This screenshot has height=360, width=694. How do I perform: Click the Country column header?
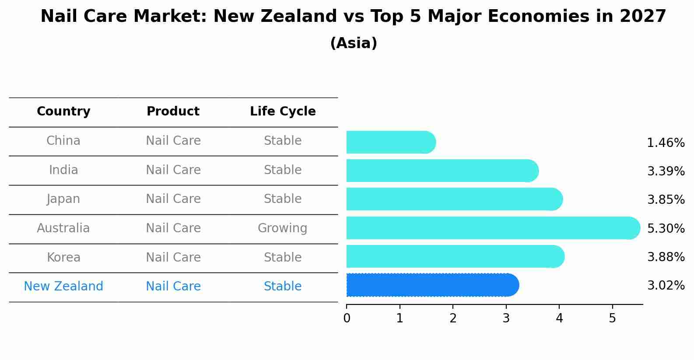click(x=63, y=112)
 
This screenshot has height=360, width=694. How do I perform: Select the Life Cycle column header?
click(x=283, y=112)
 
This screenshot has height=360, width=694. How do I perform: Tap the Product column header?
click(x=173, y=112)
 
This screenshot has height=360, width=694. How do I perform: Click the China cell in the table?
click(x=63, y=141)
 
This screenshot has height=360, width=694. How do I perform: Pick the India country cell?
click(x=63, y=170)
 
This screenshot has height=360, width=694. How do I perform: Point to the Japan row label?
click(x=63, y=199)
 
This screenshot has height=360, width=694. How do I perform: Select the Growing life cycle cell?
click(x=283, y=228)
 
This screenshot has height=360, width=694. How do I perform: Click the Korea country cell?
click(x=63, y=258)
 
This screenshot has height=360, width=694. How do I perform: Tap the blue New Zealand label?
click(x=63, y=287)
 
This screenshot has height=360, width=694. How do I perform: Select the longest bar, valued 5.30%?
click(x=493, y=228)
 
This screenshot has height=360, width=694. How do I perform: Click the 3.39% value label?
click(x=666, y=171)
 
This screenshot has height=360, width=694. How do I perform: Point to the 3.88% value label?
click(x=666, y=257)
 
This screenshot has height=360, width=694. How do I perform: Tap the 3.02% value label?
click(x=666, y=286)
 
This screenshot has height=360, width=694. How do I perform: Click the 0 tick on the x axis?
click(x=347, y=318)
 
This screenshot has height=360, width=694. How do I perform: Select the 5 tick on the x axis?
click(x=612, y=318)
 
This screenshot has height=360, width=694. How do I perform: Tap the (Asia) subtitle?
click(x=354, y=43)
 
